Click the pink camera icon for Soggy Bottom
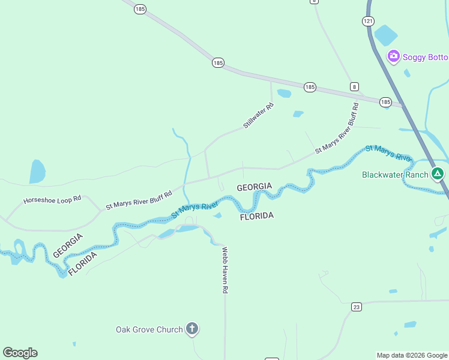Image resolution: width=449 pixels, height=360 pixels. [394, 56]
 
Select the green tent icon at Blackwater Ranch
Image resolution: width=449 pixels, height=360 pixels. [438, 175]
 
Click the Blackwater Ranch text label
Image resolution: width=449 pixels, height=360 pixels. [395, 175]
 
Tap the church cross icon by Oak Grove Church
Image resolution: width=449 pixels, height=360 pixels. [192, 329]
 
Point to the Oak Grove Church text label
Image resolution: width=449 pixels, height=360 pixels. [149, 329]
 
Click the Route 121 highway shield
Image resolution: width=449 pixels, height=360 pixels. [368, 21]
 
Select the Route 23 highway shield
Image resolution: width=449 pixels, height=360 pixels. [357, 307]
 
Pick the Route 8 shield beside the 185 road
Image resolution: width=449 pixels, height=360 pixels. [355, 87]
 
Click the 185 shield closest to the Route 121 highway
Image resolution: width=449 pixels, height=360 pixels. [385, 103]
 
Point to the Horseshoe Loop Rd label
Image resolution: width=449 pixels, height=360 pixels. [52, 199]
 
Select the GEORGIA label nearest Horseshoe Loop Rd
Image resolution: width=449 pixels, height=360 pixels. [67, 245]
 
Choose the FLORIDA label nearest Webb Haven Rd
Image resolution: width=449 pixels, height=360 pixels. [257, 215]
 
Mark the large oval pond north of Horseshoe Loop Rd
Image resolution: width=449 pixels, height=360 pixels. [37, 172]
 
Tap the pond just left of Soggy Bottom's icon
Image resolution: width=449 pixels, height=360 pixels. [385, 35]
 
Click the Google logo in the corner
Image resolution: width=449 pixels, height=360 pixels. [20, 353]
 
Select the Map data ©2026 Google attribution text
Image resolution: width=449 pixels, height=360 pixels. [412, 355]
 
